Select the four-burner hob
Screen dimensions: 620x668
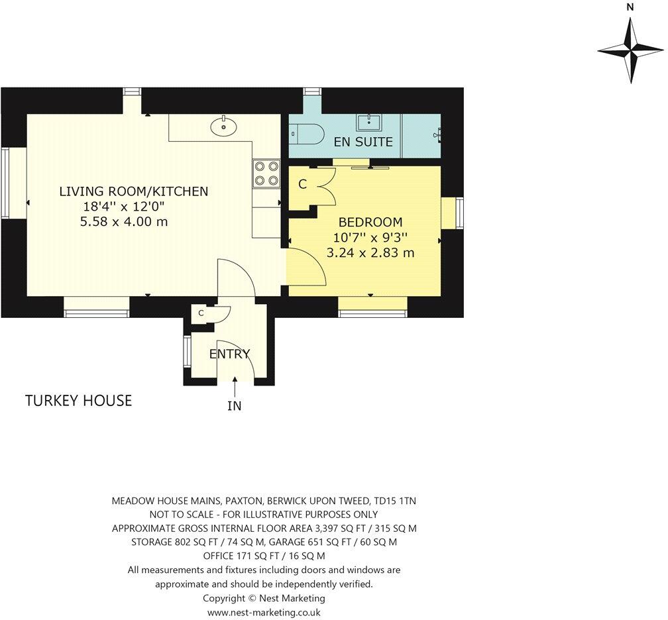[x=266, y=172]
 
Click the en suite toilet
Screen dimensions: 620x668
[x=307, y=133]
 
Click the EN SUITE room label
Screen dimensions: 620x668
[x=363, y=142]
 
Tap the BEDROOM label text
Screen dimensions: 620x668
[x=370, y=223]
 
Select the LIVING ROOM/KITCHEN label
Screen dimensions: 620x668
[x=134, y=191]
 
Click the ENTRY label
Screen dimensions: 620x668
[x=229, y=354]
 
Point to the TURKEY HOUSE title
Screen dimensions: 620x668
[x=78, y=401]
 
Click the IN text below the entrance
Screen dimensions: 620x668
[x=235, y=406]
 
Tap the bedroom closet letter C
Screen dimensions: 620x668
[x=302, y=185]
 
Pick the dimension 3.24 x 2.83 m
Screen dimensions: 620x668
[x=370, y=252]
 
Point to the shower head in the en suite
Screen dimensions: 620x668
[x=437, y=134]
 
